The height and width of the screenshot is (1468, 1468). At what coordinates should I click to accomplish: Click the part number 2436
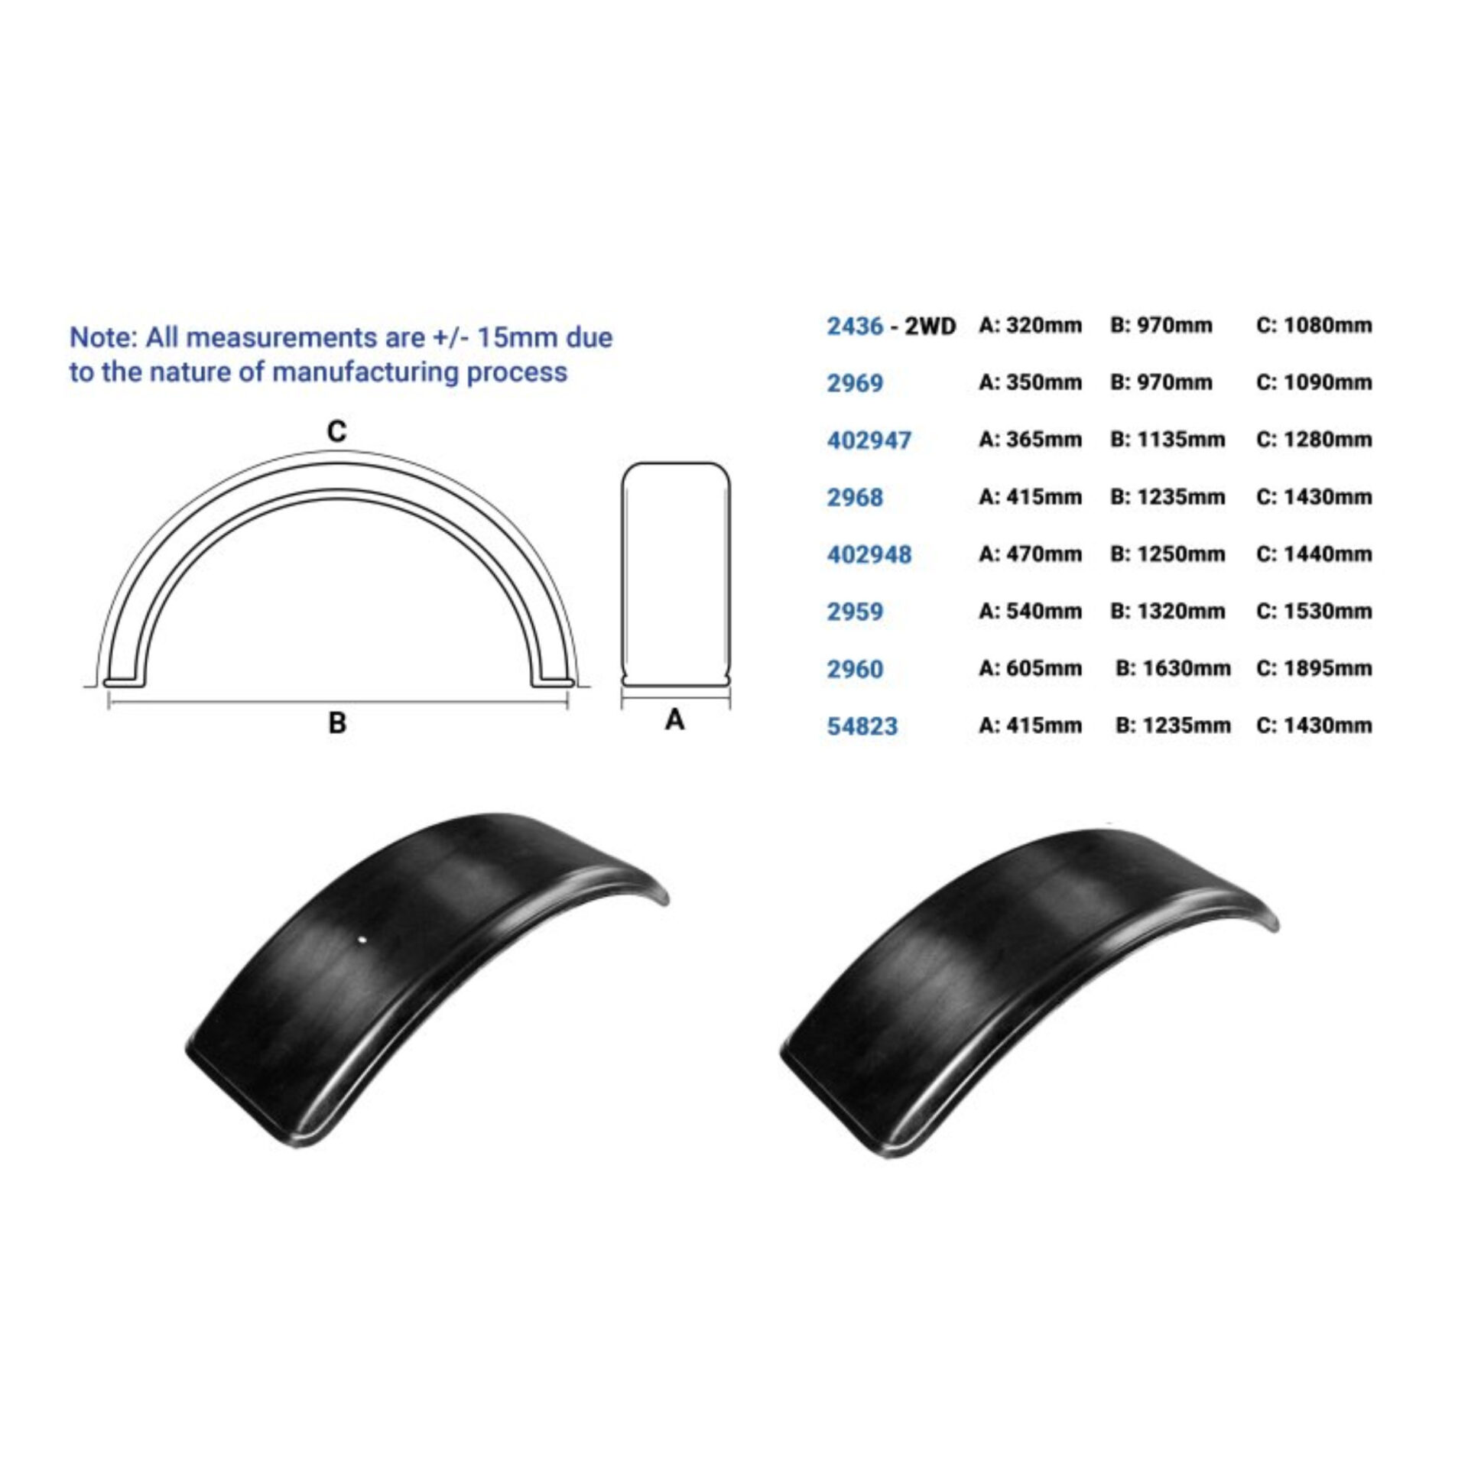(855, 326)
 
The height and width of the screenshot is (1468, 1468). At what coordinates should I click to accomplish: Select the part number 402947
(869, 440)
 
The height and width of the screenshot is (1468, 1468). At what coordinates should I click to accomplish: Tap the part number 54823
(862, 726)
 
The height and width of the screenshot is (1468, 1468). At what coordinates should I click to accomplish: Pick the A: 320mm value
(1030, 325)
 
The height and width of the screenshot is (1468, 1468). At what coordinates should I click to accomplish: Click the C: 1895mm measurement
(1314, 667)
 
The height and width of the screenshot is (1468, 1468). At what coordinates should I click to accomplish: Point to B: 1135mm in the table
(1168, 440)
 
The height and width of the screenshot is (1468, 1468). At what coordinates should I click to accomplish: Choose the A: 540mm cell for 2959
(1030, 611)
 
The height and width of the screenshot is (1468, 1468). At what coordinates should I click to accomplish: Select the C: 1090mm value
(1314, 382)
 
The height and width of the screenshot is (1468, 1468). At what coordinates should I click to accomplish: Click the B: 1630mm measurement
(1173, 668)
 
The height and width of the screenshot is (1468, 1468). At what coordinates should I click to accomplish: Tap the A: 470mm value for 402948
(1030, 554)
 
